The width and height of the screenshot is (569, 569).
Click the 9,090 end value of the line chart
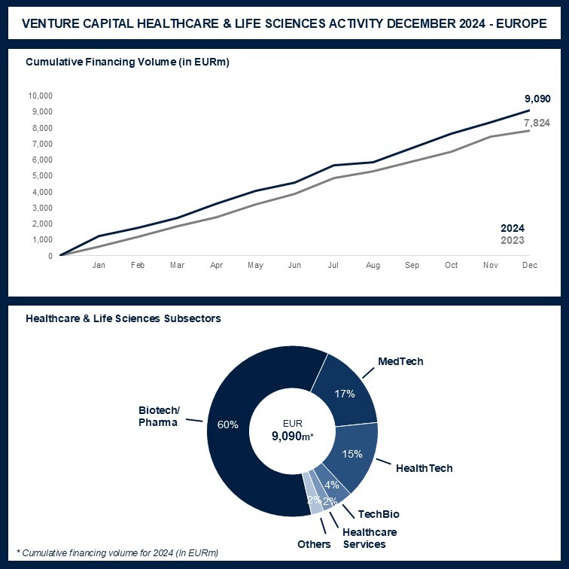pos(537,99)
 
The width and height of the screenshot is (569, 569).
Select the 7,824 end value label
pos(537,123)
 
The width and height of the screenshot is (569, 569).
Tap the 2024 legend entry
pos(512,228)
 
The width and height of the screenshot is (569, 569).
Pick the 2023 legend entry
pos(512,241)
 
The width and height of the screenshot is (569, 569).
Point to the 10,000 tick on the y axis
pos(40,96)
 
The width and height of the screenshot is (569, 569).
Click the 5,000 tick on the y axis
pos(41,176)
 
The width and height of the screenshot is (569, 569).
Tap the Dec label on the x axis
pos(529,266)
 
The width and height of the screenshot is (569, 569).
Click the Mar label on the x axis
pos(176,266)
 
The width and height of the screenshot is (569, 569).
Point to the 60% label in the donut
pos(228,424)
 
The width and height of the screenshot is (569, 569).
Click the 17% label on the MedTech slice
pos(345,393)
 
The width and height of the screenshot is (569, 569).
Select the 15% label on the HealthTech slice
pos(352,454)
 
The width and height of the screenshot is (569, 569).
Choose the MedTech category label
pos(401,361)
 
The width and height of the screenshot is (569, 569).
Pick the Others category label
pos(314,544)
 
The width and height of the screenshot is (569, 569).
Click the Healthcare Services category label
pos(370,538)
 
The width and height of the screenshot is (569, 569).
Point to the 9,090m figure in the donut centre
pos(291,435)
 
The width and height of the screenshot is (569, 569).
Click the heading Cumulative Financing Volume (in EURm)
pos(127,62)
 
